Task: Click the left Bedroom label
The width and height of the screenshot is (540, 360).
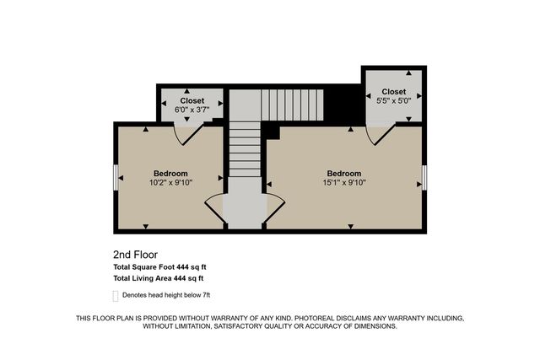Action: point(170,174)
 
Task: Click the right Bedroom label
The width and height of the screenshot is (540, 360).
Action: point(344,174)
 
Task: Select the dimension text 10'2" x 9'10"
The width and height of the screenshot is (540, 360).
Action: point(170,182)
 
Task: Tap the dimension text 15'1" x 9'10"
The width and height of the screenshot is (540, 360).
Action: point(344,182)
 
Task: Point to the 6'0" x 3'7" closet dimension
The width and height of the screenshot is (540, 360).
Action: point(192,109)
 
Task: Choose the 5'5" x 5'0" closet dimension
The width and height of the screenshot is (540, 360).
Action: point(393,100)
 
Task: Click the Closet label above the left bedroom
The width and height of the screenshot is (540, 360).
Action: point(192,100)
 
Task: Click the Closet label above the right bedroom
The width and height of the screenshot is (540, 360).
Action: point(393,91)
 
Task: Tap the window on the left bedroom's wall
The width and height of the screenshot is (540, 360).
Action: point(115,178)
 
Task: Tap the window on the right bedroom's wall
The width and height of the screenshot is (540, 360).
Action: point(424,178)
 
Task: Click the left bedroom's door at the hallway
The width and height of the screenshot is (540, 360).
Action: point(215,207)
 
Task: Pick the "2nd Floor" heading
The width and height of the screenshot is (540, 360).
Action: point(135,254)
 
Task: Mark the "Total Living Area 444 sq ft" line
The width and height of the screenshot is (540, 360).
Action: point(159,277)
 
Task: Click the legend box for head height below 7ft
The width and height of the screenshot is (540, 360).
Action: point(116,295)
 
